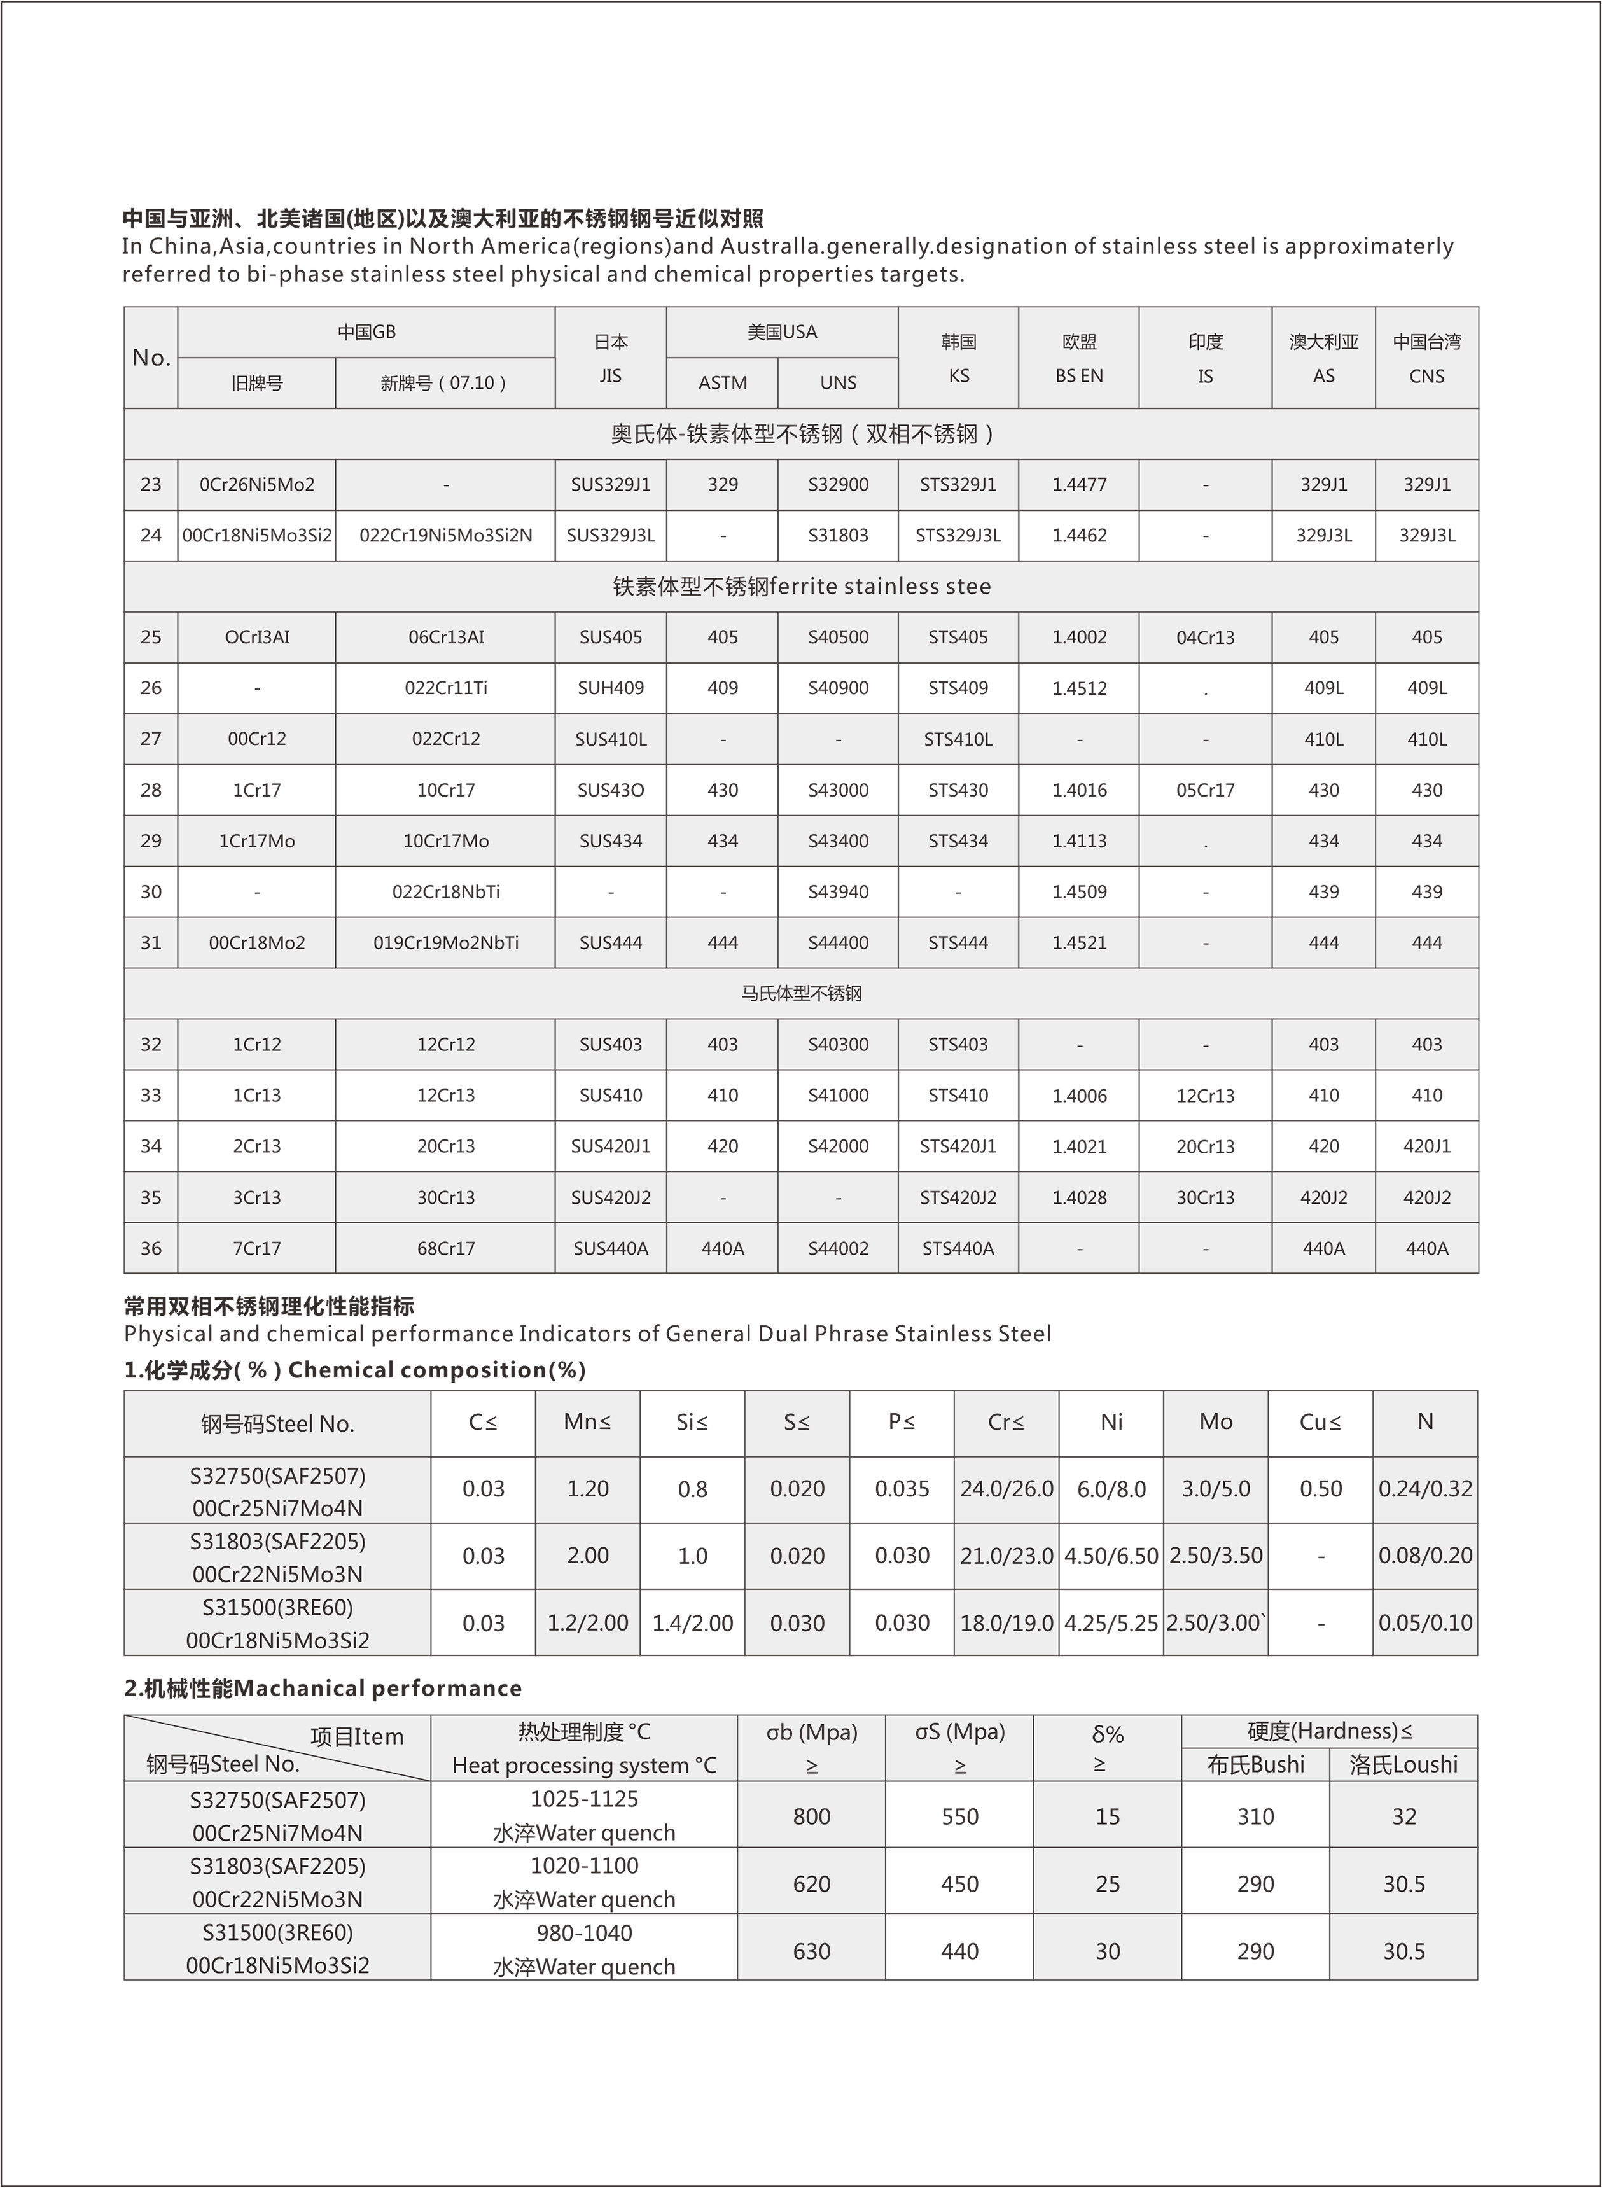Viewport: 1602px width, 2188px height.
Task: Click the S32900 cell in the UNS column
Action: (838, 485)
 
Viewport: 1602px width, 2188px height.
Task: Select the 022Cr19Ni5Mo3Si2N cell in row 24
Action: (445, 535)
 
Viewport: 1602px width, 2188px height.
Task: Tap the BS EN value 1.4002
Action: (1078, 638)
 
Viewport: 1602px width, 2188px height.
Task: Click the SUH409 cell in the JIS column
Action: (610, 688)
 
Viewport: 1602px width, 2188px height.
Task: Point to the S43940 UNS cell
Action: (838, 891)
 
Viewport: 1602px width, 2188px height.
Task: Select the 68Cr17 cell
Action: (445, 1248)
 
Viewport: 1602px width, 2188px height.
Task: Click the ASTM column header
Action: (723, 382)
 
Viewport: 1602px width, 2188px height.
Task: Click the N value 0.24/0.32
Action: (1424, 1489)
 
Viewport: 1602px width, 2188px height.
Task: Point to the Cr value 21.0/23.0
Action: (1006, 1556)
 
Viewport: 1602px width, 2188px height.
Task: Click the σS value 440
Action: (959, 1951)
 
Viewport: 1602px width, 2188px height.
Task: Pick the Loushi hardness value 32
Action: (1403, 1816)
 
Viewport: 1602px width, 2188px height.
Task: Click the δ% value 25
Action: (1108, 1883)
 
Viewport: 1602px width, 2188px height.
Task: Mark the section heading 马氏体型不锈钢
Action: (801, 993)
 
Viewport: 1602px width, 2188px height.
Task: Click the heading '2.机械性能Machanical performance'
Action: (323, 1689)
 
